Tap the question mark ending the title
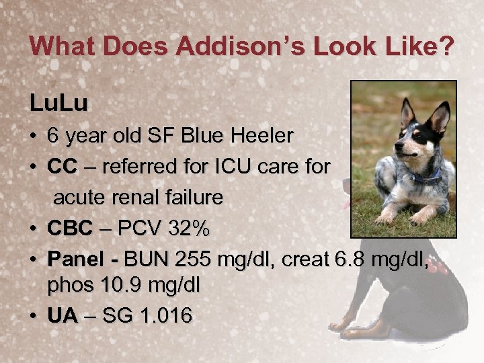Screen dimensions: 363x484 click(x=446, y=47)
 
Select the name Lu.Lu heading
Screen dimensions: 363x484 click(x=58, y=105)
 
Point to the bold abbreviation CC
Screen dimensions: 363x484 click(x=62, y=167)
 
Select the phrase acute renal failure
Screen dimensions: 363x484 click(x=138, y=198)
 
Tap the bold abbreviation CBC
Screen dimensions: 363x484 click(x=70, y=229)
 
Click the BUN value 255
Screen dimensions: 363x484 click(x=190, y=259)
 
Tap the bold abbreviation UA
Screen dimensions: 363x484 click(x=63, y=315)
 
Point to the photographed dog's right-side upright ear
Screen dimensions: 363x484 click(x=440, y=116)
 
